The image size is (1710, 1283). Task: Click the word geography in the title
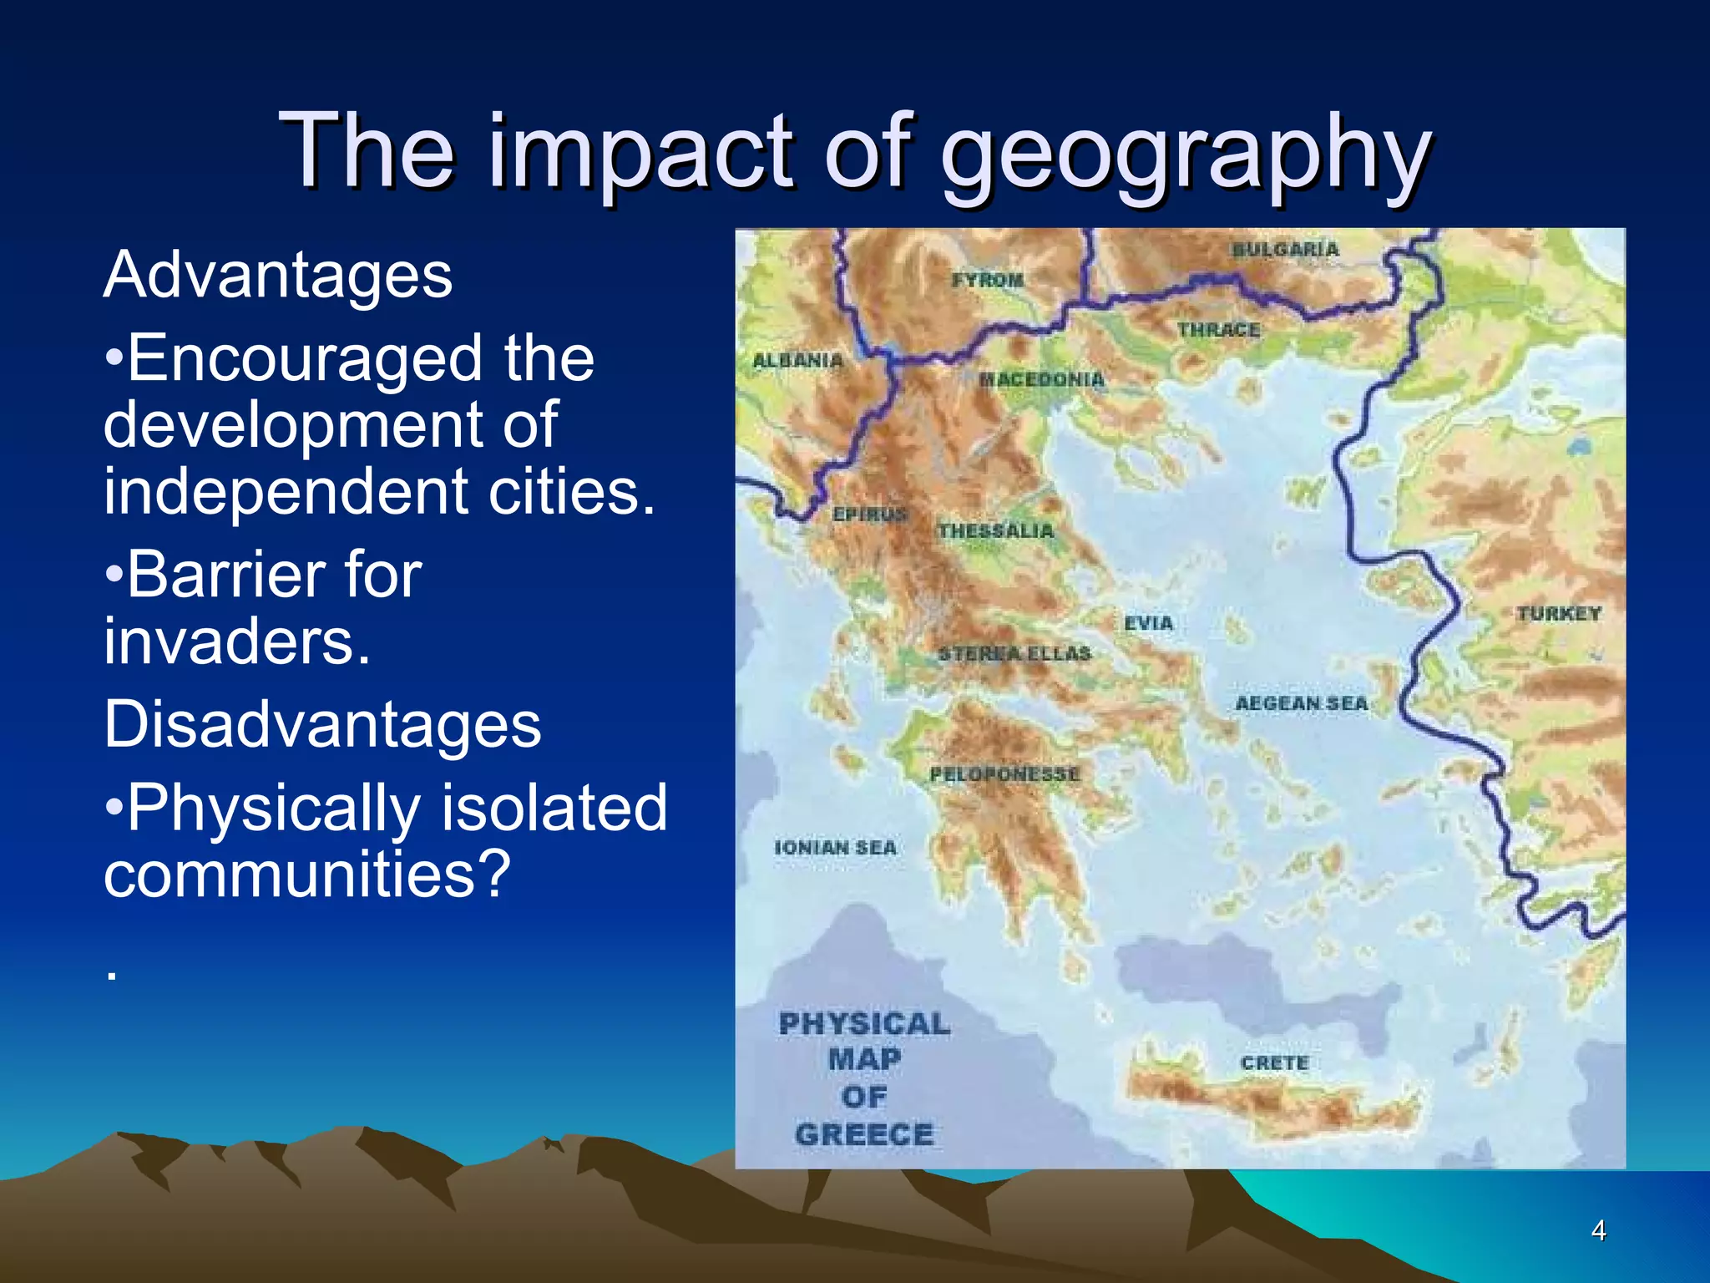click(x=1186, y=155)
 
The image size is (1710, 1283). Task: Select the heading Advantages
click(x=278, y=276)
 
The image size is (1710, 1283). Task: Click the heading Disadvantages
click(x=322, y=724)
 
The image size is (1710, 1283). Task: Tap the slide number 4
click(x=1598, y=1230)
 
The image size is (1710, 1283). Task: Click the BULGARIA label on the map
click(x=1286, y=250)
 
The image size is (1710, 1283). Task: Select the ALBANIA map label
click(x=797, y=361)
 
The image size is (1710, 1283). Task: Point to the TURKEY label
click(x=1559, y=614)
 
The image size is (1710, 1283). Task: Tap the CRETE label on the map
click(x=1274, y=1063)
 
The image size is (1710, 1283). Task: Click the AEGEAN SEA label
click(x=1302, y=704)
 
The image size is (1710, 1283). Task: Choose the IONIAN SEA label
click(x=835, y=848)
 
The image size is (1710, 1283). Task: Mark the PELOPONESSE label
click(x=1004, y=775)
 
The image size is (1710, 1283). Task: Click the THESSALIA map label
click(x=995, y=531)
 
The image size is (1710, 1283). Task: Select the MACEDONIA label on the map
click(x=1041, y=380)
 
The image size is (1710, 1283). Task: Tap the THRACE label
click(x=1218, y=331)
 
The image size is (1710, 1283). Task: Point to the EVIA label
click(x=1149, y=623)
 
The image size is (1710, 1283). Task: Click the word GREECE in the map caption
click(x=864, y=1135)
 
